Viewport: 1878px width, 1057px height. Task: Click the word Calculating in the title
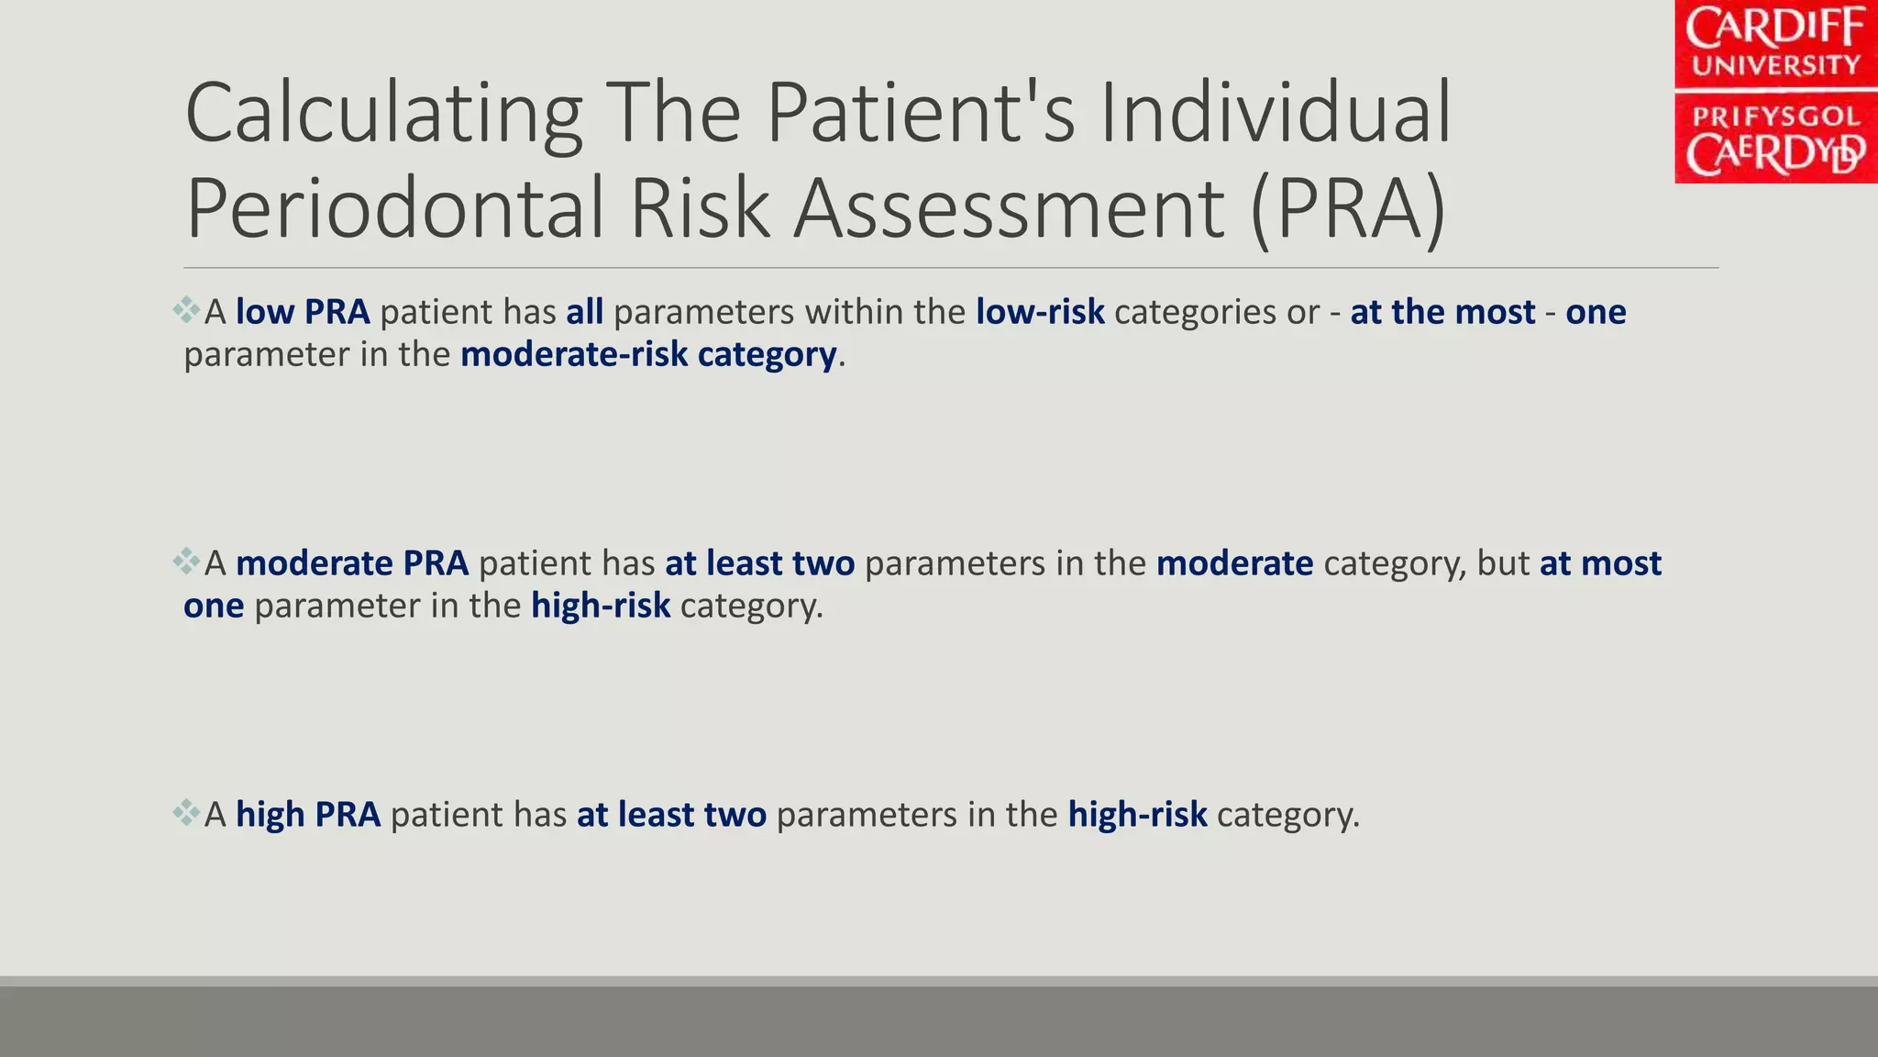(x=383, y=114)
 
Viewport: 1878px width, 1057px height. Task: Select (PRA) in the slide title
(x=1348, y=209)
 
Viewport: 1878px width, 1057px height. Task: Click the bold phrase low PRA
(x=303, y=312)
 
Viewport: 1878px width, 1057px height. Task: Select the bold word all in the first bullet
(x=584, y=312)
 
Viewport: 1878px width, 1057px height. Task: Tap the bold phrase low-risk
(x=1040, y=312)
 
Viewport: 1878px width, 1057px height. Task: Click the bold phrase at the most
(x=1442, y=312)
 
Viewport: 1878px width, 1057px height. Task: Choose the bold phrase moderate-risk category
(x=648, y=354)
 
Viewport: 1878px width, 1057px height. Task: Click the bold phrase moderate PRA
(x=352, y=563)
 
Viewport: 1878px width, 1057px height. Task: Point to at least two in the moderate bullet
(x=759, y=563)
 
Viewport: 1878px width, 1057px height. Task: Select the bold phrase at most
(x=1600, y=563)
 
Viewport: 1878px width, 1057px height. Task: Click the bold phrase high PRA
(x=308, y=815)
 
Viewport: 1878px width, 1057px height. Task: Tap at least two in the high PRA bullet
(x=671, y=815)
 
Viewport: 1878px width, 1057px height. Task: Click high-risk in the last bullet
(x=1137, y=815)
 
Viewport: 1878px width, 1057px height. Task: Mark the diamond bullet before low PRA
(x=186, y=310)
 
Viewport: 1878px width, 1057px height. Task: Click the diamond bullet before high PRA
(x=186, y=813)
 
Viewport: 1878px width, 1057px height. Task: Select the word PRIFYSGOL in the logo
(x=1775, y=117)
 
